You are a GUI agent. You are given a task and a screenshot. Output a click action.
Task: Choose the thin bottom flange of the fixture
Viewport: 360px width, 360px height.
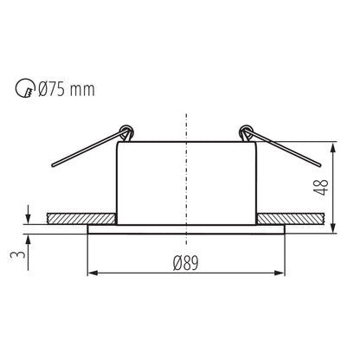pyautogui.click(x=186, y=228)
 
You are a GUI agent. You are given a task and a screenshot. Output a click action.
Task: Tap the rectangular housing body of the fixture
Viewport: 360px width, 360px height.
pyautogui.click(x=186, y=182)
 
